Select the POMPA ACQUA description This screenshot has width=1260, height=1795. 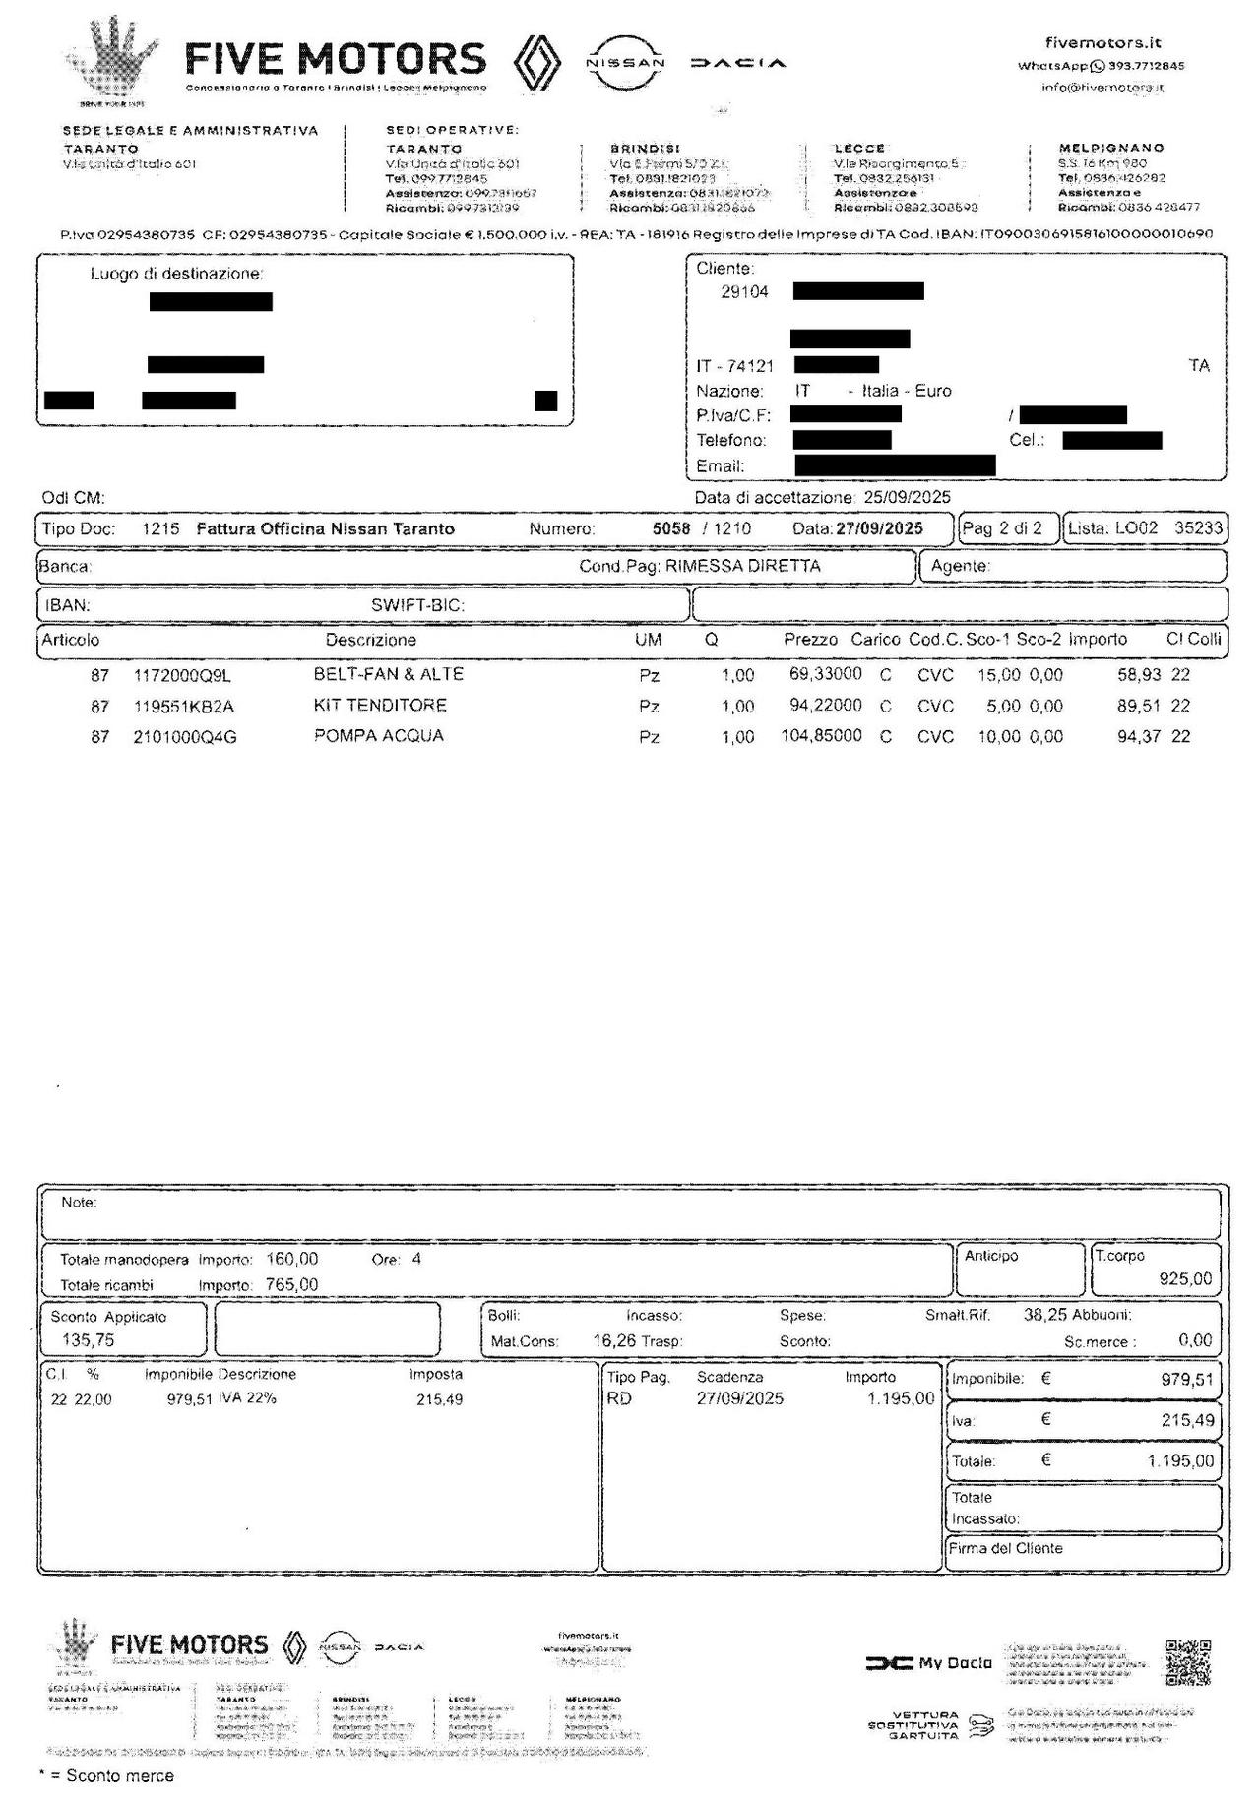click(379, 736)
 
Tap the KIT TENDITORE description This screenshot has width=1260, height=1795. click(380, 706)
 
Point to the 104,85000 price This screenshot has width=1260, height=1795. click(821, 736)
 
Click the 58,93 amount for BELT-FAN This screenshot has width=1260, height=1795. click(1139, 676)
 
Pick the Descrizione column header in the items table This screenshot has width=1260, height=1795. click(371, 640)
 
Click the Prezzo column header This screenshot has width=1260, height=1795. click(810, 640)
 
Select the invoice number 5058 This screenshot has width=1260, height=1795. click(671, 528)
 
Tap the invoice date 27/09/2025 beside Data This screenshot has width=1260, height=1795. click(879, 528)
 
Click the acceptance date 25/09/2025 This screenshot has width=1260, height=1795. click(908, 497)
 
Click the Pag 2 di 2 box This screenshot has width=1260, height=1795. click(1002, 528)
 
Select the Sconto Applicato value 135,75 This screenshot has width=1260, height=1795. click(88, 1339)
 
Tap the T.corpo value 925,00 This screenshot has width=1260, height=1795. click(1185, 1278)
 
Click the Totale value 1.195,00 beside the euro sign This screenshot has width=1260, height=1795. click(1180, 1460)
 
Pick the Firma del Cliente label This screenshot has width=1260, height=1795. click(1005, 1548)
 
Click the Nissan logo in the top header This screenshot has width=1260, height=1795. click(625, 62)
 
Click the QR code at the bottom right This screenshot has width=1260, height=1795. click(1187, 1662)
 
